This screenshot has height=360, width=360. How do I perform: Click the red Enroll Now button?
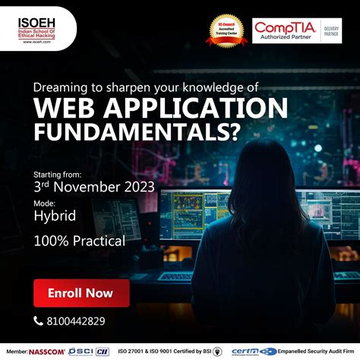pos(81,292)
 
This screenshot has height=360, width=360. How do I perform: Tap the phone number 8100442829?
pos(74,321)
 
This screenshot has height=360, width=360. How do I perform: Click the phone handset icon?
pos(39,321)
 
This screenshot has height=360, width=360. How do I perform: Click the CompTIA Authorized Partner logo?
pos(288,31)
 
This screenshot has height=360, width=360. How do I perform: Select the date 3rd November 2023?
pos(93,187)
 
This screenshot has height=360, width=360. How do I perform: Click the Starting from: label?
pos(58,173)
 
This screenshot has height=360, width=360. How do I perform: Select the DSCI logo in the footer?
pos(77,352)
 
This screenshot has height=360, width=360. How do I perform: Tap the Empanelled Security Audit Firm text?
pos(318,352)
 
